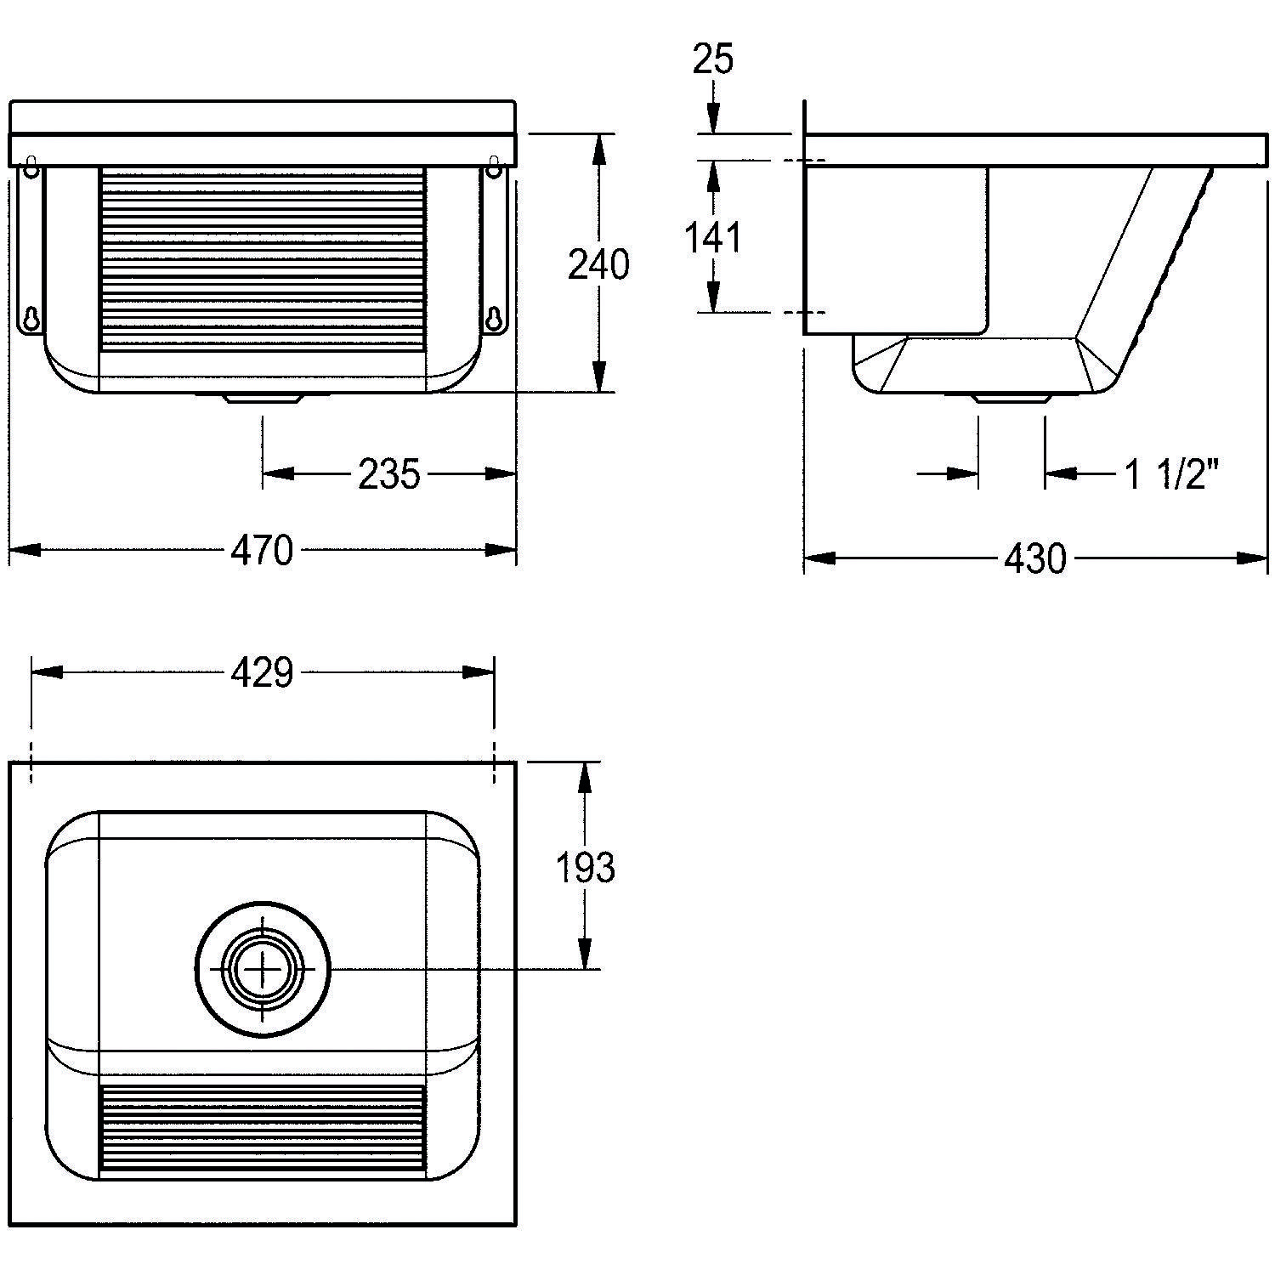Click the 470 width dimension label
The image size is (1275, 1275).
[262, 550]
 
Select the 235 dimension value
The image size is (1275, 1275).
[389, 474]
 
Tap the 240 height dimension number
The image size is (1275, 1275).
[599, 265]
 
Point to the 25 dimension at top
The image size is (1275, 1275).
[713, 59]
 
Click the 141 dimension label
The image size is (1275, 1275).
[714, 238]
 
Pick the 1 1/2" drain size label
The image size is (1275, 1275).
[1172, 474]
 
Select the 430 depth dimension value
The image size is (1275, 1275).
[1035, 558]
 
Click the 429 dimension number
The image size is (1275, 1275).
[262, 672]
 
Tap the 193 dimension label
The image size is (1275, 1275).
[586, 868]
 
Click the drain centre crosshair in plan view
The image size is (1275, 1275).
[262, 969]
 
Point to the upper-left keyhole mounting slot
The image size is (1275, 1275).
[31, 167]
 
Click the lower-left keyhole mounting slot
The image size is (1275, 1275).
[31, 318]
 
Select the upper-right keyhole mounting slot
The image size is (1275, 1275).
[493, 167]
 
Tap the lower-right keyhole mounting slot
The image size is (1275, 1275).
[493, 318]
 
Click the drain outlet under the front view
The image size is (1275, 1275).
[262, 398]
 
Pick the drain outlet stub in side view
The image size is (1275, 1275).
[1011, 398]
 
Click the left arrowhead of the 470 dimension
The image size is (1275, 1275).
[25, 550]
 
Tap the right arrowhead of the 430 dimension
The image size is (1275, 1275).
[1251, 558]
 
